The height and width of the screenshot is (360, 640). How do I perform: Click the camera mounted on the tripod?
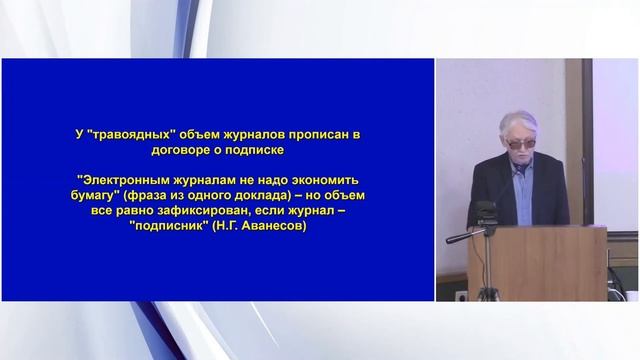pyautogui.click(x=487, y=213)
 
